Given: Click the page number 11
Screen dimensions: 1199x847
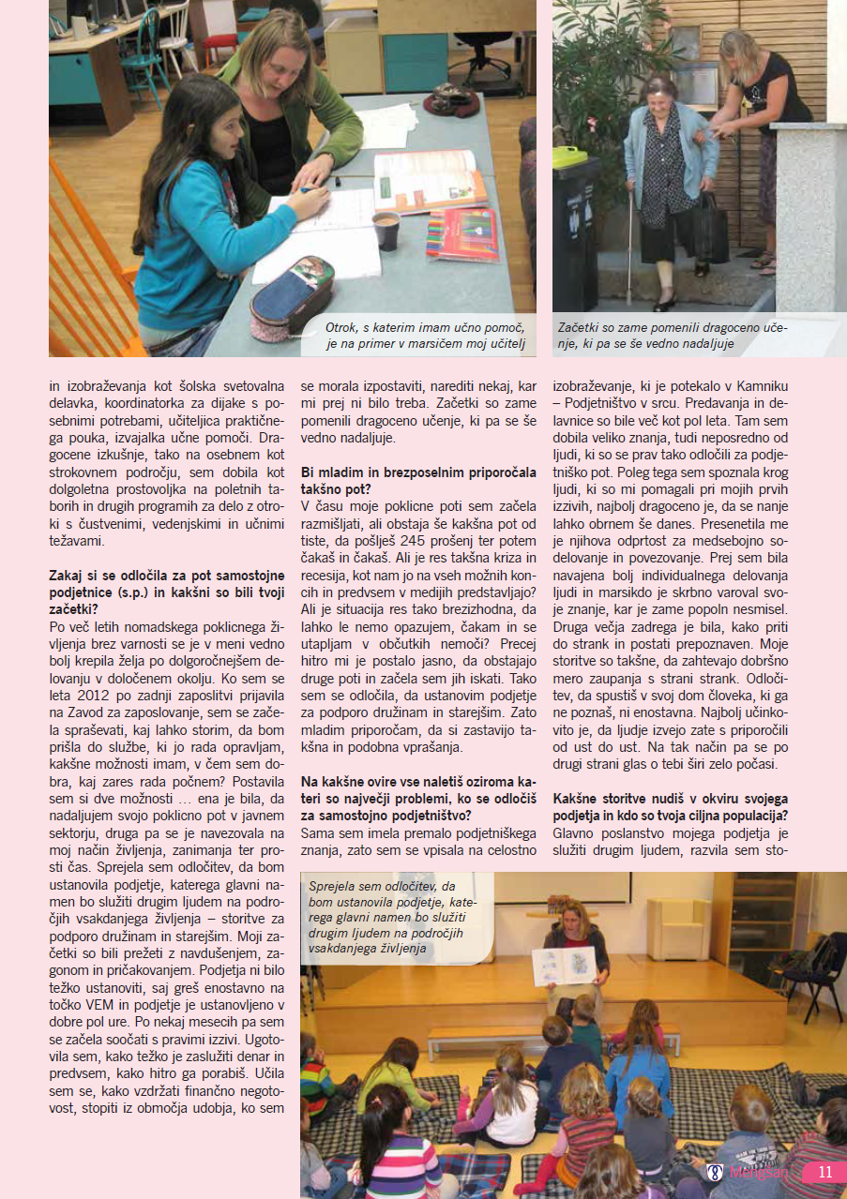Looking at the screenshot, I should pos(825,1172).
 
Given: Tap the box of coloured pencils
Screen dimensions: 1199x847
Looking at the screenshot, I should pos(462,234).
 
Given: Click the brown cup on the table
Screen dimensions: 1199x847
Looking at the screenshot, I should pos(386,230).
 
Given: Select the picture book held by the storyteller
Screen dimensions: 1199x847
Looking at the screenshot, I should pos(564,966).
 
